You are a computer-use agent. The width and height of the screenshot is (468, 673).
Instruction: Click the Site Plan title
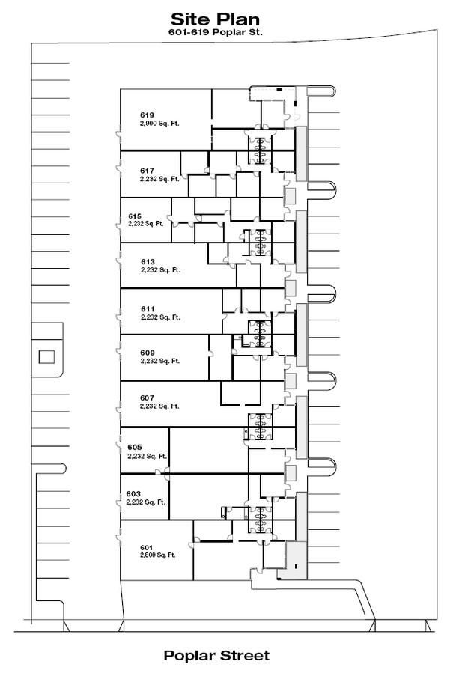point(215,19)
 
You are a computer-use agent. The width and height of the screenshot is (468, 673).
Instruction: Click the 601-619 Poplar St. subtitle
point(216,32)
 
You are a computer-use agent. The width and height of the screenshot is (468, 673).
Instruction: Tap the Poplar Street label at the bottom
point(216,655)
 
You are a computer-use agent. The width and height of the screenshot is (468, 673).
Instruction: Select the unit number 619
point(147,115)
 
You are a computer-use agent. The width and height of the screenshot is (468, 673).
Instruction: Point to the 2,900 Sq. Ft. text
point(159,124)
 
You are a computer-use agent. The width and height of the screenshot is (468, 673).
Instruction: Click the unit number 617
point(147,171)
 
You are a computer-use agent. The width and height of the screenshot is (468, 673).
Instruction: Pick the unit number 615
point(135,216)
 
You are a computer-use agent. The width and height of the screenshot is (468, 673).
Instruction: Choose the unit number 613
point(148,262)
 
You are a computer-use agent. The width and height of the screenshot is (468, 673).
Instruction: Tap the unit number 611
point(148,309)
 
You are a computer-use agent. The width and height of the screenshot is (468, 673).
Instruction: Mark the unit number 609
point(148,353)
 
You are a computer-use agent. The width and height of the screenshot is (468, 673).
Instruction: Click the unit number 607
point(147,398)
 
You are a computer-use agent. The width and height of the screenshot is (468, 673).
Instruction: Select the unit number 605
point(134,448)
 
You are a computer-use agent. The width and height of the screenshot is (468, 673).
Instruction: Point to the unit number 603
point(133,494)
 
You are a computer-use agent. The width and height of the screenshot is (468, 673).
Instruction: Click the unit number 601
point(147,548)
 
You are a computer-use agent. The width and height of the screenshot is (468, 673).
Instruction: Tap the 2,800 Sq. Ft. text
point(157,555)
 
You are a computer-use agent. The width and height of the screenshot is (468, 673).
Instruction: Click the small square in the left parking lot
point(46,357)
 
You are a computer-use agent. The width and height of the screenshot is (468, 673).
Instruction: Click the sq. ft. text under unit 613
point(160,270)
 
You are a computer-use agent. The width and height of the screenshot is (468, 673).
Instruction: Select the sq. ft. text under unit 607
point(159,406)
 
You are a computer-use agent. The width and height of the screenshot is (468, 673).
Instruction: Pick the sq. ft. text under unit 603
point(146,502)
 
